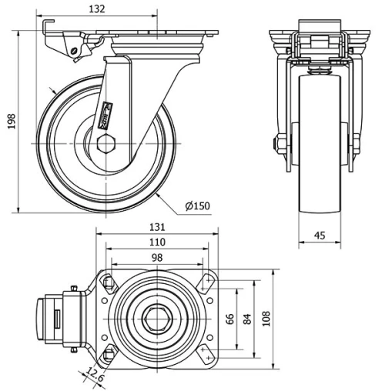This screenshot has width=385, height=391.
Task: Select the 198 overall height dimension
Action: click(x=10, y=122)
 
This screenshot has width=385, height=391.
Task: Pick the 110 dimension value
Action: click(x=156, y=242)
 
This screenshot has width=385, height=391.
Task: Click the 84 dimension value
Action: click(x=246, y=319)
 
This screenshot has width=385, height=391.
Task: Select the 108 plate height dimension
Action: click(x=266, y=319)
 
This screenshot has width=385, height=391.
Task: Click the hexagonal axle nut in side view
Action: click(x=106, y=143)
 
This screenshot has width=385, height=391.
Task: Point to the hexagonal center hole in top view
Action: click(x=159, y=319)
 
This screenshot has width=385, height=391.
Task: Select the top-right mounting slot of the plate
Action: click(x=207, y=282)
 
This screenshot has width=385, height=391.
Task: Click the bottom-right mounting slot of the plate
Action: click(x=206, y=354)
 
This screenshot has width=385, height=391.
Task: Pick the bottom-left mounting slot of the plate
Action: click(x=109, y=354)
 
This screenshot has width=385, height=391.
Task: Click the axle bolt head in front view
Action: click(x=274, y=144)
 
